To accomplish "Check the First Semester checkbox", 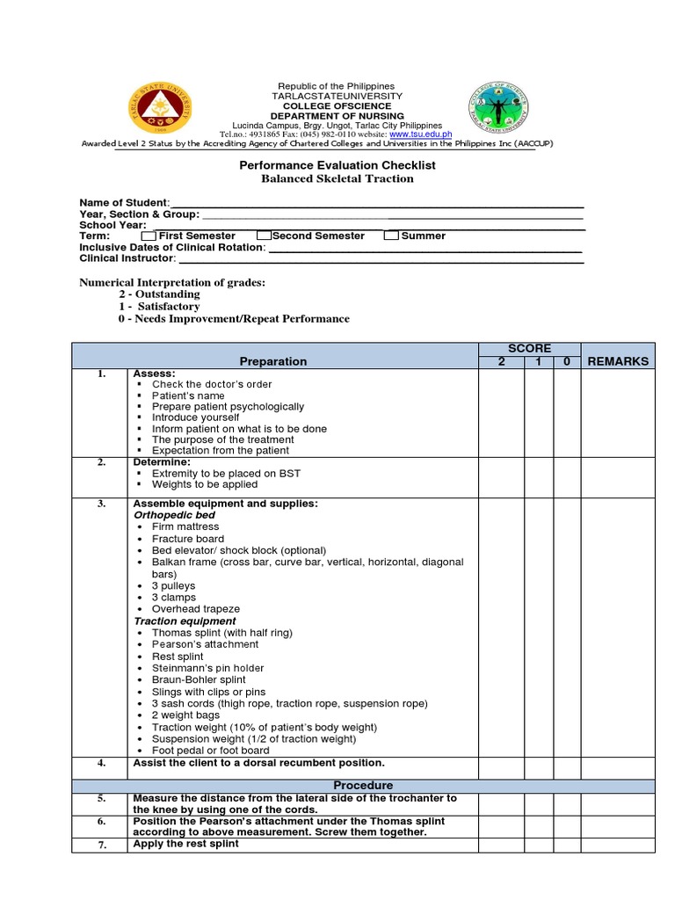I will [149, 236].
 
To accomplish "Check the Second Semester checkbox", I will [264, 236].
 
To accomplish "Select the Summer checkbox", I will [391, 236].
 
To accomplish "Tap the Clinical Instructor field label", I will [127, 258].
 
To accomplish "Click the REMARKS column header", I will [618, 361].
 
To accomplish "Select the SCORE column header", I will [528, 349].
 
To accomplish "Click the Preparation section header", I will [273, 361].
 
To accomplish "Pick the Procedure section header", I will [363, 785].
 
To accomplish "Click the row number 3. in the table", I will [101, 504].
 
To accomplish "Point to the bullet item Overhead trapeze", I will [195, 609].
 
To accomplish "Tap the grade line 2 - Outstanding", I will [160, 294].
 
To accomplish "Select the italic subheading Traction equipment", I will [184, 621].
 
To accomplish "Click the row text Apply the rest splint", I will [185, 844].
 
